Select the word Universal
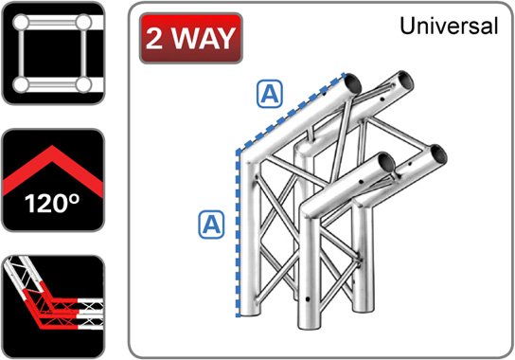click(x=449, y=27)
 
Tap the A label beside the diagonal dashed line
click(x=271, y=94)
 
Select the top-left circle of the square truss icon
click(x=18, y=21)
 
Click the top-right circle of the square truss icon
click(x=84, y=21)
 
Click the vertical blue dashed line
click(x=232, y=237)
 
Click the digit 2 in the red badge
click(x=158, y=39)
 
